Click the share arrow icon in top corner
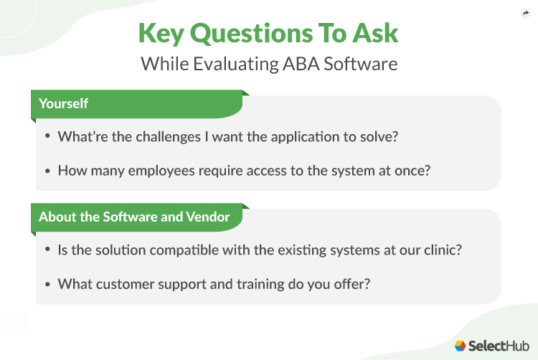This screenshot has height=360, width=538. (x=525, y=14)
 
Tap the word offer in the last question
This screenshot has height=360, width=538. (x=352, y=283)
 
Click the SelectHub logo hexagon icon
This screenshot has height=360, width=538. (x=461, y=345)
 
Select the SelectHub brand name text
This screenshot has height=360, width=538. (x=496, y=345)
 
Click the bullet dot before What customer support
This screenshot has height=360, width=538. (x=47, y=283)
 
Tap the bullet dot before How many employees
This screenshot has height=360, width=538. (x=47, y=171)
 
